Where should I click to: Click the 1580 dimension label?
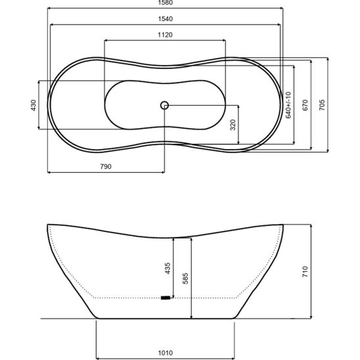click(x=165, y=3)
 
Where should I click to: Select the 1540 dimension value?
click(x=165, y=19)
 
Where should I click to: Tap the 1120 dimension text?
click(x=165, y=35)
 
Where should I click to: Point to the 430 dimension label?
click(x=34, y=105)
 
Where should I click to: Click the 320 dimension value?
click(x=233, y=125)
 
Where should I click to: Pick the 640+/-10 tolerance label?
click(x=288, y=105)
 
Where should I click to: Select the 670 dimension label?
click(x=305, y=105)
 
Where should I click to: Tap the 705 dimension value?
click(x=322, y=105)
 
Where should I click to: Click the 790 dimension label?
click(x=106, y=166)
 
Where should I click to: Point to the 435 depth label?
click(x=168, y=268)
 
